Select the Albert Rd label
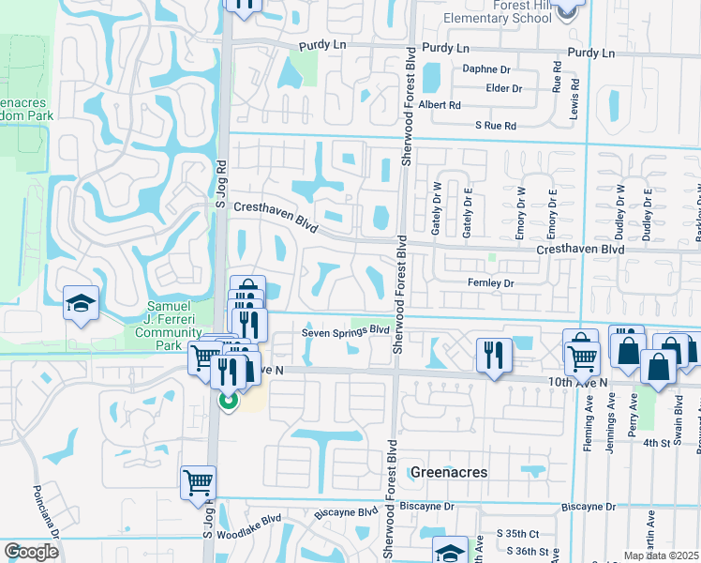pyautogui.click(x=440, y=105)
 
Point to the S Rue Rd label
pyautogui.click(x=496, y=125)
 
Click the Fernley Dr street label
pyautogui.click(x=491, y=282)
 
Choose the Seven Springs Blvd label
pyautogui.click(x=345, y=330)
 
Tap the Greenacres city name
pyautogui.click(x=448, y=472)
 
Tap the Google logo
pyautogui.click(x=30, y=552)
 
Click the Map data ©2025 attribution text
pyautogui.click(x=661, y=555)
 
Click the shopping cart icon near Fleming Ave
pyautogui.click(x=582, y=355)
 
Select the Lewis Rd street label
pyautogui.click(x=574, y=91)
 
